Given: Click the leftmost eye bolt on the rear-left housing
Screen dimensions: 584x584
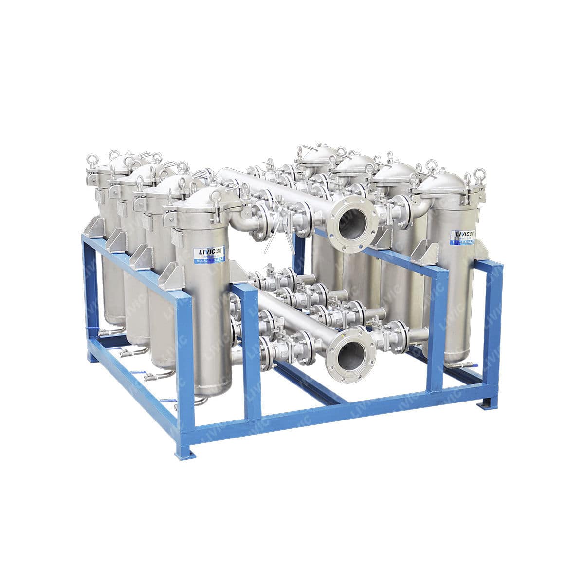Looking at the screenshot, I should click(x=91, y=159).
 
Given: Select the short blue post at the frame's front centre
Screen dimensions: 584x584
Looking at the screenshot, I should click(x=251, y=350).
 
